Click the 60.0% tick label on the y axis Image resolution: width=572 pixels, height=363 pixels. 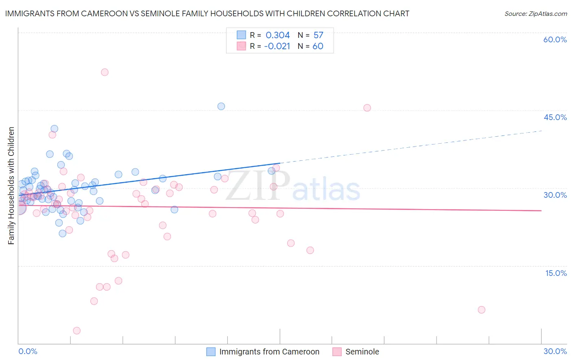(555, 39)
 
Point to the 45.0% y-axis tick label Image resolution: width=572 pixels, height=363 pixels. (555, 117)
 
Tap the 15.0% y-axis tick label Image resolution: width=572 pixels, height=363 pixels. (556, 273)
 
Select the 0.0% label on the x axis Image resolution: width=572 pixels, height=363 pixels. (28, 351)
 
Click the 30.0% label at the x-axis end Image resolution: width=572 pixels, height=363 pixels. (555, 351)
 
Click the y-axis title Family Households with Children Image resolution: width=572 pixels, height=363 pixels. (11, 186)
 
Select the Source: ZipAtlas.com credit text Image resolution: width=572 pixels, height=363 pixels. (535, 14)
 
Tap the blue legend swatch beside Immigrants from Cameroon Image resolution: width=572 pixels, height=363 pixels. (211, 352)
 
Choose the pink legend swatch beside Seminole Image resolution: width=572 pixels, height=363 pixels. (337, 352)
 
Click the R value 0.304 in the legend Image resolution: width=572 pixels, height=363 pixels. (277, 35)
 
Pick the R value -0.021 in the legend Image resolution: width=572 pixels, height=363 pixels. (277, 46)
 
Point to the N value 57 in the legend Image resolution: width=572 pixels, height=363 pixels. (318, 35)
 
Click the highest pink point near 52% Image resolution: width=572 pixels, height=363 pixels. (105, 72)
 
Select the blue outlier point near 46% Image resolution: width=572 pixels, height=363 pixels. (221, 106)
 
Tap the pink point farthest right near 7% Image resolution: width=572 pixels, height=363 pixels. (481, 310)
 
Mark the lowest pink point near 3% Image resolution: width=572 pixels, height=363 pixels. (76, 331)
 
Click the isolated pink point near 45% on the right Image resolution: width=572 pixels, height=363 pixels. (367, 108)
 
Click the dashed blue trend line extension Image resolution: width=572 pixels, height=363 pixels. (411, 147)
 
